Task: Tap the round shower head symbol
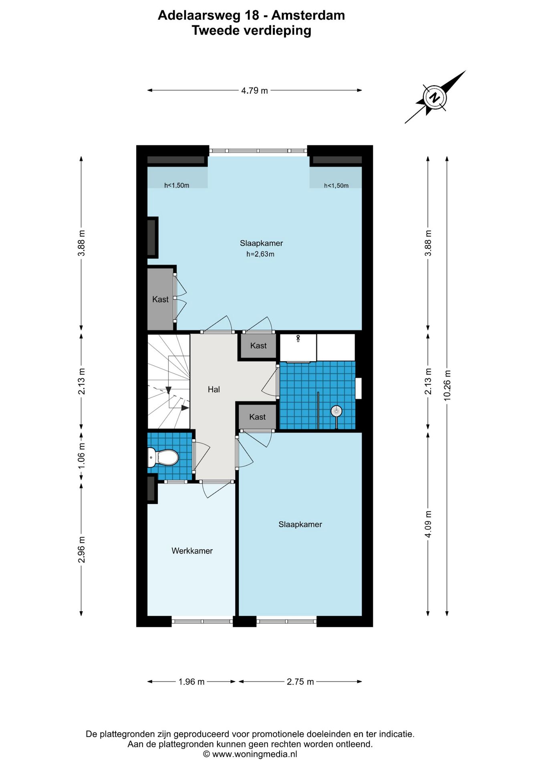coord(336,411)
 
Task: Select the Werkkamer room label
coord(192,551)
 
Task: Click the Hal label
coord(214,389)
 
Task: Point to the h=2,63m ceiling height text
coord(260,254)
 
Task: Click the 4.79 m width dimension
coord(254,91)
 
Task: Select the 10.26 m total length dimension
coord(447,385)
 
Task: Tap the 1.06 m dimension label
coord(81,456)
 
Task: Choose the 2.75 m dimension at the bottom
coord(300,682)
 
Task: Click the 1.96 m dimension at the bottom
coord(191,682)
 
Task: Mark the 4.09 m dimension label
coord(428,524)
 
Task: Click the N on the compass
coord(434,97)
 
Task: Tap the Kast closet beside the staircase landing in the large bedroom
coord(160,299)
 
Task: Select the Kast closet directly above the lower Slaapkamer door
coord(257,417)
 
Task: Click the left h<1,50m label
coord(177,185)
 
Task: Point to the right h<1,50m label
coord(336,185)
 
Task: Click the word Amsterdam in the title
coord(308,15)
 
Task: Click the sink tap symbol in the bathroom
coord(298,338)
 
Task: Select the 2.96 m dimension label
coord(81,550)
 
